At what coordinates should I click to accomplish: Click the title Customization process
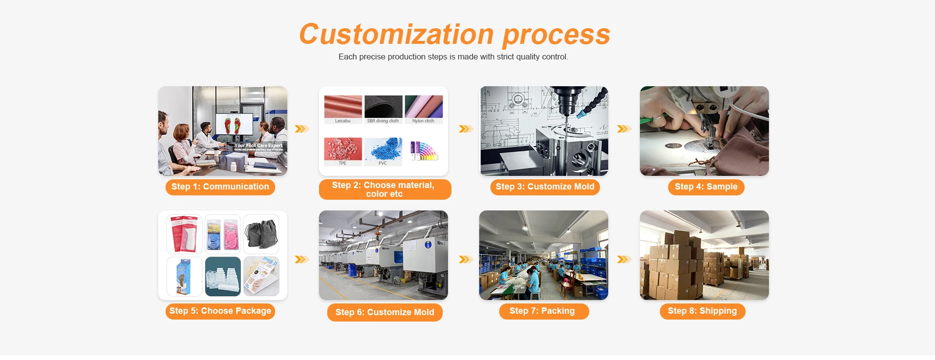coord(454,35)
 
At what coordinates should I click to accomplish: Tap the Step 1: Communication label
coord(220,187)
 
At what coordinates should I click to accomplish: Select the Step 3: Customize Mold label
coord(545,187)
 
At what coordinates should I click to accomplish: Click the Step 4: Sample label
coord(706,187)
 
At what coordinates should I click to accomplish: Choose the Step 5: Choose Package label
coord(220,311)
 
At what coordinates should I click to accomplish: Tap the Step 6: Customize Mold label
coord(385,313)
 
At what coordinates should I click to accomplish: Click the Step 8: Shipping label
coord(702,311)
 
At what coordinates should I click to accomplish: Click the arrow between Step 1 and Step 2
coord(302,129)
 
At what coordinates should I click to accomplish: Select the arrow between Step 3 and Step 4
coord(624,129)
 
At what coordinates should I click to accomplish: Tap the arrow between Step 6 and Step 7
coord(466,260)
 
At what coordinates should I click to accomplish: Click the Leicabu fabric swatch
coord(343,107)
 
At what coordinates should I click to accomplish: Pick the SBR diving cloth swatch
coord(383,107)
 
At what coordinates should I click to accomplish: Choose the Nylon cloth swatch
coord(424,107)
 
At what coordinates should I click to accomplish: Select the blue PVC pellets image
coord(383,149)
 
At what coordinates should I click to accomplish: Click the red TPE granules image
coord(343,149)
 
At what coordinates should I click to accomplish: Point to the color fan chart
coord(424,151)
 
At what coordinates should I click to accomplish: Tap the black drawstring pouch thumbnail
coord(262,234)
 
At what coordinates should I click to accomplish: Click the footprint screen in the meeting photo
coord(234,124)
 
